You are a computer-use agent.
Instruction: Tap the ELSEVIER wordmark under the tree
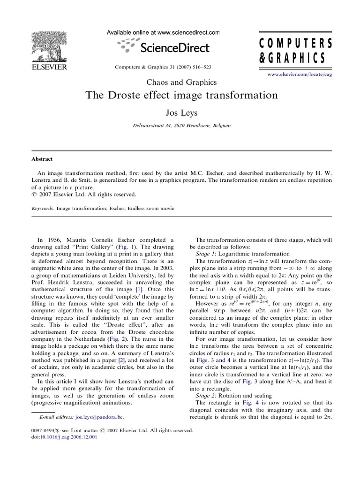[49, 67]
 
